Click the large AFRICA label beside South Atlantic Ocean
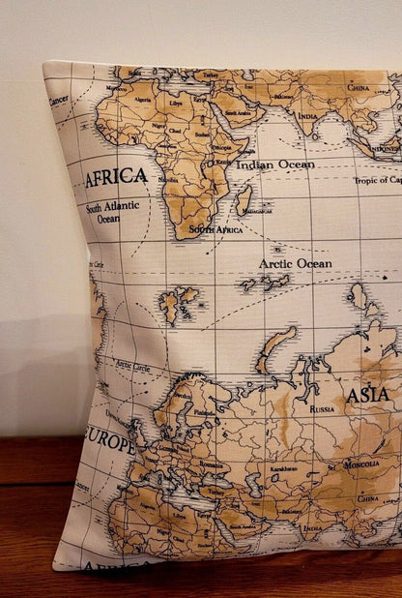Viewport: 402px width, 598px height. point(117,177)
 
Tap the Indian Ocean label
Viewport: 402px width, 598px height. point(276,164)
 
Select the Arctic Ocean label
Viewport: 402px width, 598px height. point(294,263)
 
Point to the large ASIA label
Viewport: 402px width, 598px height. point(368,395)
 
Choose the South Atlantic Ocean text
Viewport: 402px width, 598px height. point(112,212)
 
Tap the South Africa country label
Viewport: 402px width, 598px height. point(215,229)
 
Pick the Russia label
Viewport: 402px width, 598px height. point(322,408)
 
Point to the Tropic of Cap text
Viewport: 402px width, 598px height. point(377,180)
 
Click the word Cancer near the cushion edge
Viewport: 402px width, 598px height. point(59,100)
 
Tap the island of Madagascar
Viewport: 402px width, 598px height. point(244,200)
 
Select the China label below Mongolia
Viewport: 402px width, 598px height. point(368,498)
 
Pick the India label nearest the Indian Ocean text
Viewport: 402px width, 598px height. point(307,117)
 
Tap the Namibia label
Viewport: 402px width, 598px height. point(168,180)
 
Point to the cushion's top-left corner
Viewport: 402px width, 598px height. point(45,65)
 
